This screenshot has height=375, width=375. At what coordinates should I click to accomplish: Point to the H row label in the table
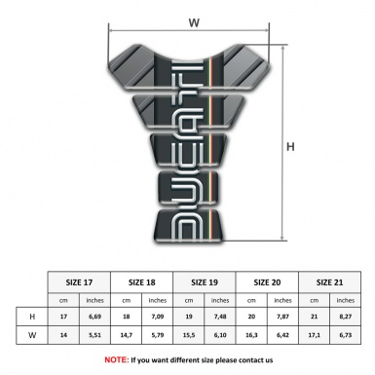click(32, 317)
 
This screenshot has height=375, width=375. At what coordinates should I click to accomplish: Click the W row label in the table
click(32, 336)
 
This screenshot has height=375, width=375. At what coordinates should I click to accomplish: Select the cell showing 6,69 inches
click(95, 317)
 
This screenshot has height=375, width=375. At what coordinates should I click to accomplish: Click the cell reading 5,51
click(95, 336)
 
